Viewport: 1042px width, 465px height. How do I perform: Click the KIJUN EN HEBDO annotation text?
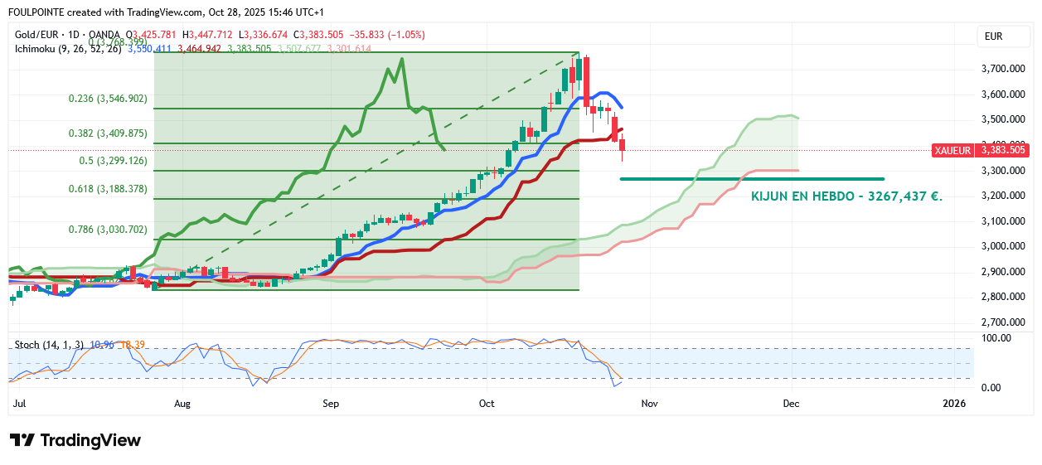click(846, 197)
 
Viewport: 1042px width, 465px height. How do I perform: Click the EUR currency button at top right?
click(993, 36)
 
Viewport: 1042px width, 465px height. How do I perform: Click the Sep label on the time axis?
click(330, 404)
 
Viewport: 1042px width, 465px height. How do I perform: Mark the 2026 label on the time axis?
click(954, 404)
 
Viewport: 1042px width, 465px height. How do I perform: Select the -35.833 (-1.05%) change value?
click(393, 35)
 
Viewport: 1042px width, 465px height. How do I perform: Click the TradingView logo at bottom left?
click(75, 440)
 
